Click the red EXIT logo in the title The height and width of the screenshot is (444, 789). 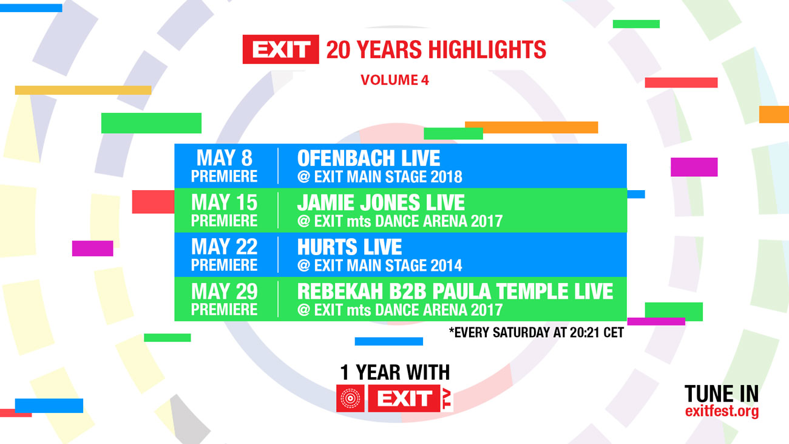coord(281,49)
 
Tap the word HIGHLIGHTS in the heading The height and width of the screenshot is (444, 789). coord(487,49)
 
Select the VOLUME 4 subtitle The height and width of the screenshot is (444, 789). coord(394,80)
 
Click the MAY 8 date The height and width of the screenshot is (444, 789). coord(225,157)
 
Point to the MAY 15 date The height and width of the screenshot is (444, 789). coord(225,202)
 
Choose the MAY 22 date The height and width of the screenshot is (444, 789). coord(225,247)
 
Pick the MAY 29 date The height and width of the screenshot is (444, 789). coord(225,292)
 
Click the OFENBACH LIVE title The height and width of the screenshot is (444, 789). coord(368,158)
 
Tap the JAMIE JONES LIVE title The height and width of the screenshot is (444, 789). coord(381,202)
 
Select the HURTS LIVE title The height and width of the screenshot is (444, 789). coord(350,247)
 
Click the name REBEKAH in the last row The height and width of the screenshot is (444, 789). coord(340,292)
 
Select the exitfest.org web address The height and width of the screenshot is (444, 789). coord(722,412)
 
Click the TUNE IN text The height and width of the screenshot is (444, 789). coord(722,394)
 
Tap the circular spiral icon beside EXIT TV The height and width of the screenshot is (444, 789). coord(350,398)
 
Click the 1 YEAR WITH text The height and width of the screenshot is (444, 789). coord(395,372)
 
